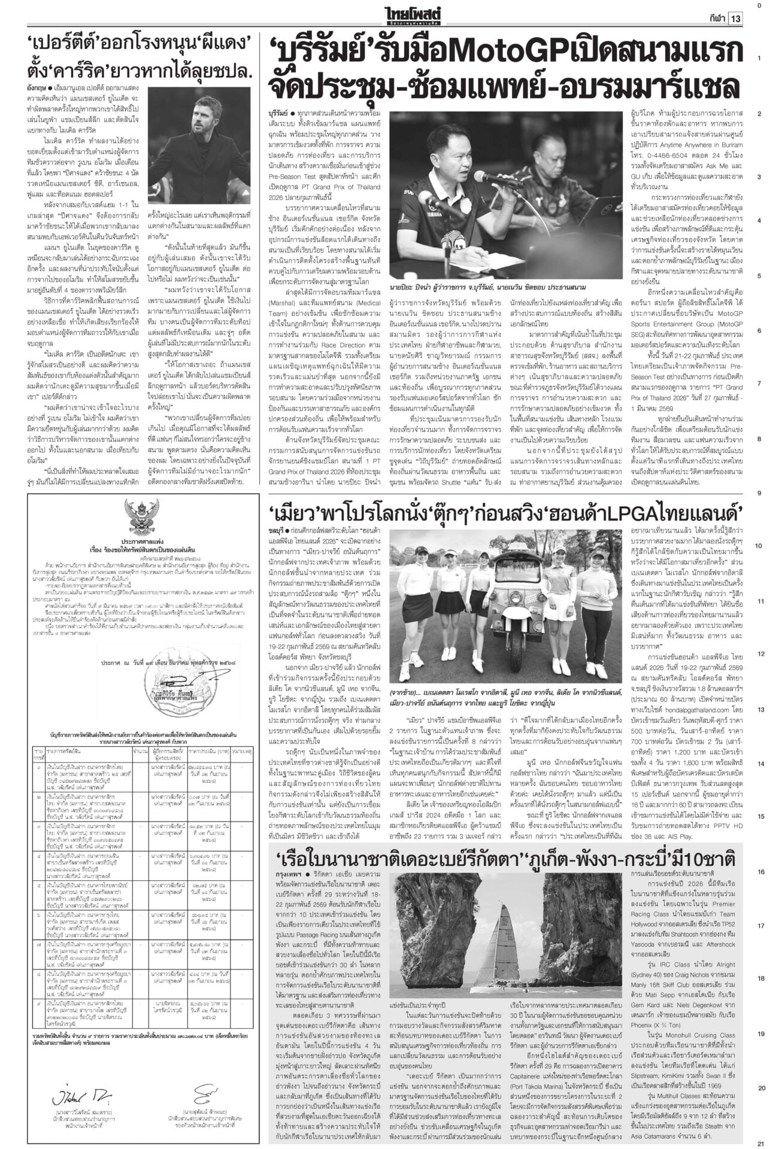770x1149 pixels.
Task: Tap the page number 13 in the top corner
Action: (x=735, y=18)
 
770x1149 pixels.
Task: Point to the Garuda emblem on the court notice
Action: (x=140, y=518)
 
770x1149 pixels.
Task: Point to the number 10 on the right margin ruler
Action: (x=759, y=546)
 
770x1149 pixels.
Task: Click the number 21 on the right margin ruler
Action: (x=759, y=1142)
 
